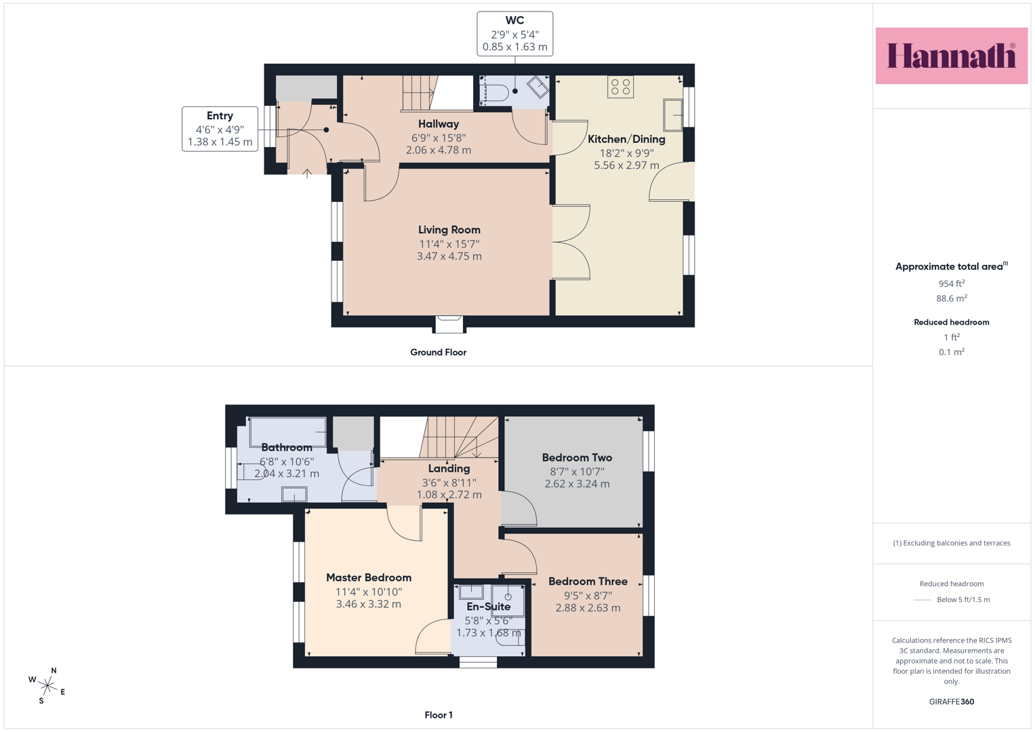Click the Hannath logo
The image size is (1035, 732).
point(952,56)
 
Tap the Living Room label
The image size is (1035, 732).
point(449,230)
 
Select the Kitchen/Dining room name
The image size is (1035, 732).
point(626,139)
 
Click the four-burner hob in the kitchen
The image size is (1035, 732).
point(621,87)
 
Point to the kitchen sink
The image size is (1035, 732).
point(673,115)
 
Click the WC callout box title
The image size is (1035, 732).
point(514,20)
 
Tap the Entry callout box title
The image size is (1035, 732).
point(220,115)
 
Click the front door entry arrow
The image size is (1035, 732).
point(307,174)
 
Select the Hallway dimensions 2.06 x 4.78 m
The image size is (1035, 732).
point(439,150)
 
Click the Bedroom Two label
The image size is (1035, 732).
point(577,457)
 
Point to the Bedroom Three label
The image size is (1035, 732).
point(588,582)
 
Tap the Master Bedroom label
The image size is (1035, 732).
point(369,577)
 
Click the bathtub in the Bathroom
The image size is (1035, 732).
point(288,432)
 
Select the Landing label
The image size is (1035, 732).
point(449,468)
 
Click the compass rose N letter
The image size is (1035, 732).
point(54,670)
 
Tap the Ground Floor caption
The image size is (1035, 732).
point(439,352)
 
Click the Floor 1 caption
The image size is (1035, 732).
point(439,715)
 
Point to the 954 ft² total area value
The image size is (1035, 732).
point(952,284)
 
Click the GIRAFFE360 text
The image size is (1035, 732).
point(952,701)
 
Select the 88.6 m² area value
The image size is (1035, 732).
point(952,298)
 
